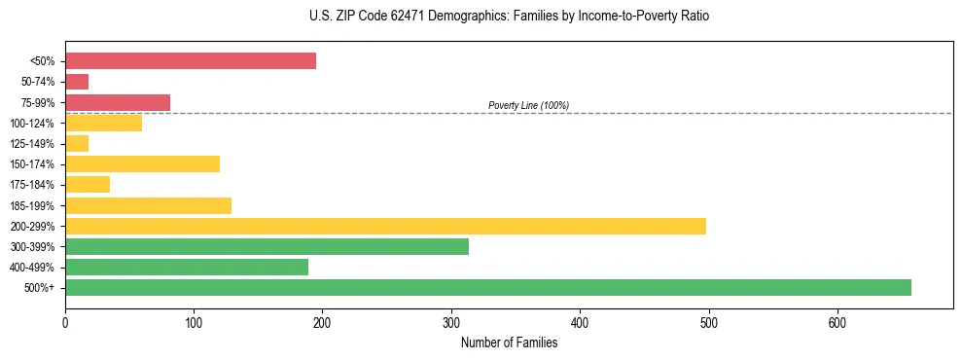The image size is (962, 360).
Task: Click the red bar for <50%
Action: (191, 60)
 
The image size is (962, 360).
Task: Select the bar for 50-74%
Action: (77, 82)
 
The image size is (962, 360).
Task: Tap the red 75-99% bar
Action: (118, 102)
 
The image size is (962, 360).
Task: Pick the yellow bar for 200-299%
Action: (385, 226)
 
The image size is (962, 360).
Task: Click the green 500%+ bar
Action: (488, 287)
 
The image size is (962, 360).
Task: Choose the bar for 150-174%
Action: (142, 163)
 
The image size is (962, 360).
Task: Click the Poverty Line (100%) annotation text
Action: (528, 105)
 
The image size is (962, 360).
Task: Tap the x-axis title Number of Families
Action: (509, 342)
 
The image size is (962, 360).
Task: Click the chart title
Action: (509, 17)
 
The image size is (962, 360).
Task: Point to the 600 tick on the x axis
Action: (837, 321)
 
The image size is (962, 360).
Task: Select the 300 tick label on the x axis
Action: (451, 321)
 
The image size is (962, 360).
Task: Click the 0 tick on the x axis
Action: (65, 321)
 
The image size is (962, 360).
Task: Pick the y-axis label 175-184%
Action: (32, 185)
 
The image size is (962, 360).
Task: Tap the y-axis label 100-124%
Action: (32, 124)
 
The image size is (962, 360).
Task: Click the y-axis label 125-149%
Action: (32, 144)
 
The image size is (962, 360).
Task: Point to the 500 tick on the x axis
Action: (709, 321)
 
